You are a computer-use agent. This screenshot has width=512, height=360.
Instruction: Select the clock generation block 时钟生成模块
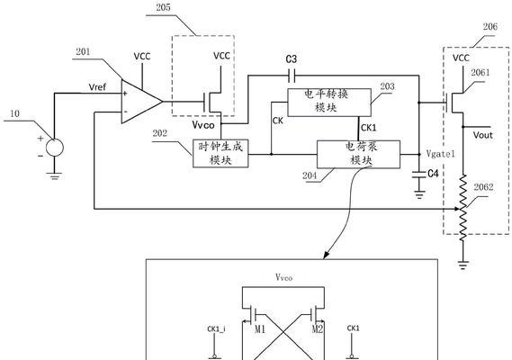[220, 154]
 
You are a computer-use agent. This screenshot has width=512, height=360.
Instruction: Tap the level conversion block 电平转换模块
[329, 103]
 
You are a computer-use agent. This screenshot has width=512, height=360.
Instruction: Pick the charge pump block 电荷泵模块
[358, 154]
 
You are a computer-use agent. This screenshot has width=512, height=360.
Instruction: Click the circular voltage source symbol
[55, 148]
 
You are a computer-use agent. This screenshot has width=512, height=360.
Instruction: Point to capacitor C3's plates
[292, 76]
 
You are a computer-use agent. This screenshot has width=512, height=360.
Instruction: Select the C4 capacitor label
[433, 174]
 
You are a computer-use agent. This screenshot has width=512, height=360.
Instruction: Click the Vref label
[97, 87]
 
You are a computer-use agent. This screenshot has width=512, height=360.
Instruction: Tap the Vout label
[482, 135]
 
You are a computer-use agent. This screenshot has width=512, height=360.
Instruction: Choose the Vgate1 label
[441, 154]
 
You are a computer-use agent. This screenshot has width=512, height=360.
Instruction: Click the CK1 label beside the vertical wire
[369, 128]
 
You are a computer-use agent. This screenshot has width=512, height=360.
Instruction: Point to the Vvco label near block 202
[203, 125]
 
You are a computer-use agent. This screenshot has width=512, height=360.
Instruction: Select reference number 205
[163, 7]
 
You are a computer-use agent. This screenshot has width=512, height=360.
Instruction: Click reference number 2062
[483, 187]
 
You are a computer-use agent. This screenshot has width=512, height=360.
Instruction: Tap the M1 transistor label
[260, 329]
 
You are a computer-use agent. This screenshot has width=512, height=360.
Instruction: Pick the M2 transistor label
[318, 329]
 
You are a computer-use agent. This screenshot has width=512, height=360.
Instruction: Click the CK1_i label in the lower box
[216, 328]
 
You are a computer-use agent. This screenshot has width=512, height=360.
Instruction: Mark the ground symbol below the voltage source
[55, 176]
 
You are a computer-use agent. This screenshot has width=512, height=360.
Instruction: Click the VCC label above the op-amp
[142, 57]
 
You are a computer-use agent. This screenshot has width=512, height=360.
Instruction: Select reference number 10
[14, 113]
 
